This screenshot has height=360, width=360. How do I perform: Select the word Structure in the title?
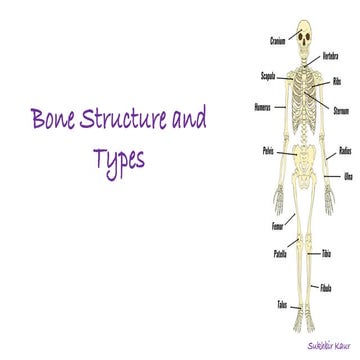(x=123, y=124)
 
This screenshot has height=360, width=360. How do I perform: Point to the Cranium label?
(x=279, y=41)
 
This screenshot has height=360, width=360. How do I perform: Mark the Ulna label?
(x=348, y=177)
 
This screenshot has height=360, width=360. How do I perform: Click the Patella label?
(x=281, y=253)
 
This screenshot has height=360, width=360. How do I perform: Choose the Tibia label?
(x=326, y=255)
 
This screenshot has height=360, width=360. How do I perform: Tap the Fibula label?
(x=326, y=288)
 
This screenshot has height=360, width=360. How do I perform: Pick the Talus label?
(x=282, y=302)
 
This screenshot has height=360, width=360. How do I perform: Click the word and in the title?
(x=188, y=124)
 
